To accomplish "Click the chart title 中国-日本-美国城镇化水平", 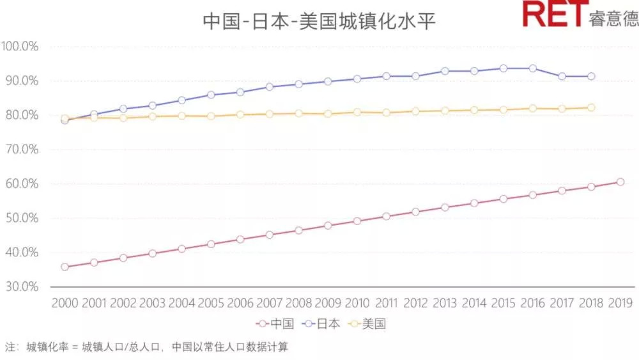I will (319, 20).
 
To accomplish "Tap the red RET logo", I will (553, 14).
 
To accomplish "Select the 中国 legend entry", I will (275, 324).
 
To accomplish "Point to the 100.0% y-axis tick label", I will (21, 46).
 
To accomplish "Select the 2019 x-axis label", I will (620, 303).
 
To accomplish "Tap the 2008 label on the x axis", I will (299, 303).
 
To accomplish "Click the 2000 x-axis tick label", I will (65, 303).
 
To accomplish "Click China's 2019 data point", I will (620, 182).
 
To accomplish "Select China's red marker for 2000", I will (65, 267).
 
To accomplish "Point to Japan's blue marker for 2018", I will (591, 76).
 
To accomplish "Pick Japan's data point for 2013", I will (445, 71).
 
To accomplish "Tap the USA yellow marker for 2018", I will (591, 107).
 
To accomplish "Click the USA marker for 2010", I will (357, 112).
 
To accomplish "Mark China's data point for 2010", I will (357, 221).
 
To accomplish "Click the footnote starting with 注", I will (147, 347).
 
